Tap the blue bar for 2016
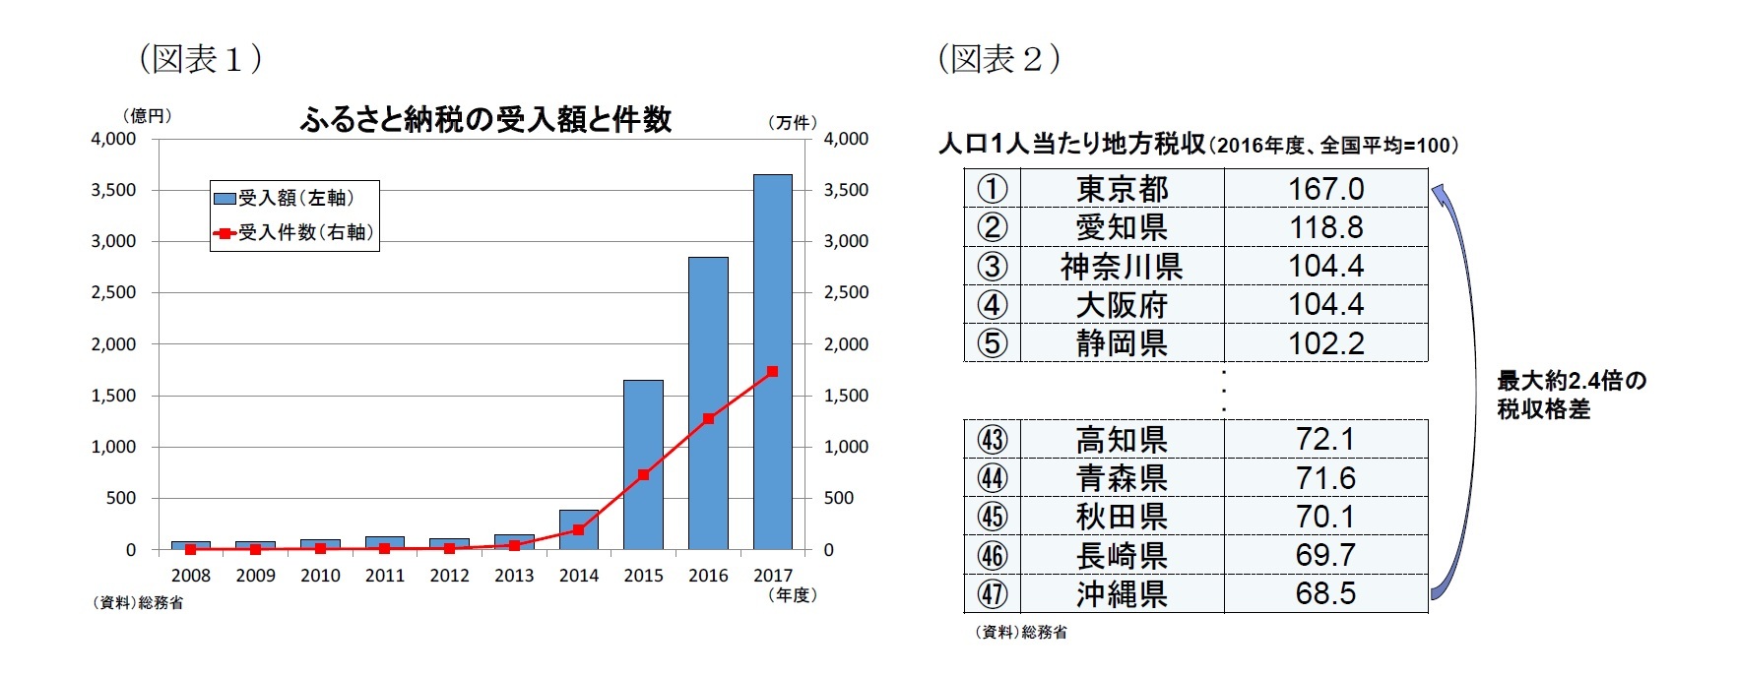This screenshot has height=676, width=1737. [708, 403]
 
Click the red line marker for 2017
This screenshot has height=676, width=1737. [773, 372]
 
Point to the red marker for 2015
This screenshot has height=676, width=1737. [643, 475]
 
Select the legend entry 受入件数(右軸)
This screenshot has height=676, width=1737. [294, 233]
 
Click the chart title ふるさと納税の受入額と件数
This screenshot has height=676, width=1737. [485, 120]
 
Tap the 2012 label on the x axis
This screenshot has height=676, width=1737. [449, 576]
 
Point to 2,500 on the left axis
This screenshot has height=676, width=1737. [114, 293]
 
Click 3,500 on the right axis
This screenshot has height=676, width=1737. [846, 190]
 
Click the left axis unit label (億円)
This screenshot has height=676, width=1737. [147, 116]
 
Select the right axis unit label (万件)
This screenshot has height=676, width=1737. [792, 123]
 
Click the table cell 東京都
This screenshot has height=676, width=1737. [1122, 188]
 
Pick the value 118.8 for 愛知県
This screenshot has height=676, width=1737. [1325, 227]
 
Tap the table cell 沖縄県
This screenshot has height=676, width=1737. [1122, 594]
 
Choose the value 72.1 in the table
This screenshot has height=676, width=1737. [1325, 440]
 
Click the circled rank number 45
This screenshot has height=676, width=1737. [992, 517]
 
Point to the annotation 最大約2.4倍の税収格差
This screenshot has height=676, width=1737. [1571, 395]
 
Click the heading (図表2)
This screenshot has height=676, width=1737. [998, 59]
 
